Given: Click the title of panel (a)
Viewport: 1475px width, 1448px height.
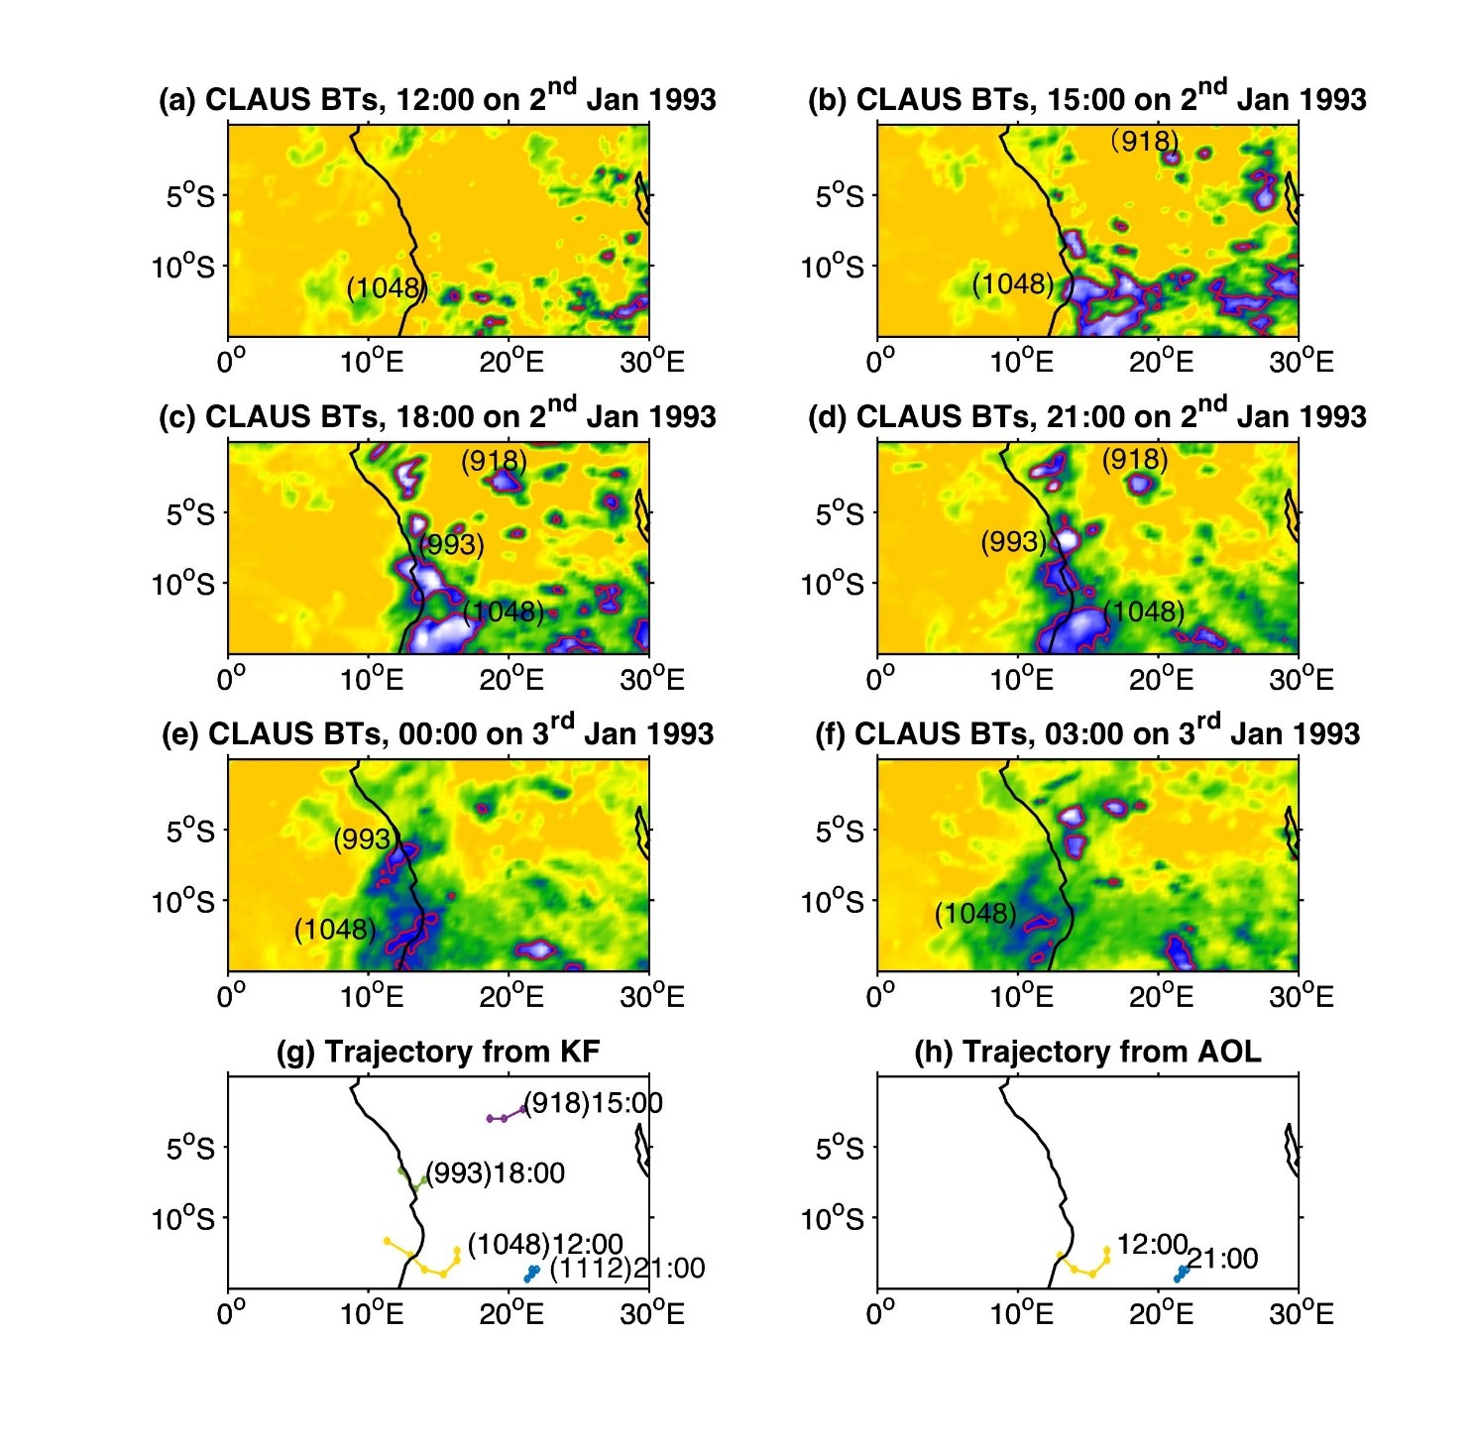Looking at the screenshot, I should coord(437,99).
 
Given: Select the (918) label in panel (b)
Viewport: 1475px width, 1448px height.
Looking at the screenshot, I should coord(1145,141).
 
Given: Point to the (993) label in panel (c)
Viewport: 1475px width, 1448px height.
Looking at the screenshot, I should coord(452,545).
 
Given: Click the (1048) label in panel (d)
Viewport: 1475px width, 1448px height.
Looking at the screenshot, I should coord(1145,612).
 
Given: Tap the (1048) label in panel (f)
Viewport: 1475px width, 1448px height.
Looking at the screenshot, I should coord(976,913).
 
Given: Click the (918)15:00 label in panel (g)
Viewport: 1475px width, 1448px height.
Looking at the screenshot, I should coord(593,1103).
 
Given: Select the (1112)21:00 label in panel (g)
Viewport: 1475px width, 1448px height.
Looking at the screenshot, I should coord(627,1268).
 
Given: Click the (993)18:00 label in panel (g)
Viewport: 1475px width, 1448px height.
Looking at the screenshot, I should coord(496,1173).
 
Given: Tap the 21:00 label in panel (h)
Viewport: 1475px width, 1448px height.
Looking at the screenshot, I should coord(1223,1259).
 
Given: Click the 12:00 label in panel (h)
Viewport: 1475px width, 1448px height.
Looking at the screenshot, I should coord(1152,1244).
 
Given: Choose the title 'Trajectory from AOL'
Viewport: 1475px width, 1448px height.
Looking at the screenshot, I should coord(1087,1052).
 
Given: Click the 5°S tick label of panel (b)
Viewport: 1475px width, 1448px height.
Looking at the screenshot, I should coord(840,196).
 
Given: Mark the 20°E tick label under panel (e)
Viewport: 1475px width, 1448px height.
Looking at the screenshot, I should coord(511,997).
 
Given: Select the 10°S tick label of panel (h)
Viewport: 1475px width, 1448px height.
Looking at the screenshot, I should coord(833,1219).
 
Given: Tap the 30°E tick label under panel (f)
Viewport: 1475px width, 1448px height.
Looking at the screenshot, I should coord(1302,997).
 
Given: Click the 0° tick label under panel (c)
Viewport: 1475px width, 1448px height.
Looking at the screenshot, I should coord(231,680).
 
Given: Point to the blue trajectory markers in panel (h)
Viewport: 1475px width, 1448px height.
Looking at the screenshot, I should coord(1181,1274).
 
